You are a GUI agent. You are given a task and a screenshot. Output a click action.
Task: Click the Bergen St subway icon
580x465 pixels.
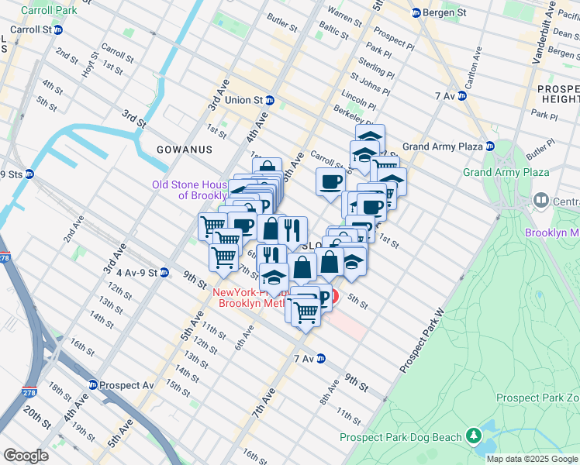(x=416, y=13)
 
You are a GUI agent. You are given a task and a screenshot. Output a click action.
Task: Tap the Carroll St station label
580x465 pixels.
(x=29, y=29)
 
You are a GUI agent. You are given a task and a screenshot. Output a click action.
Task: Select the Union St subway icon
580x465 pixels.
(x=270, y=100)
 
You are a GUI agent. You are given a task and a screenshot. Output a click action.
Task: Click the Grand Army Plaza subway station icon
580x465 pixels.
(x=489, y=146)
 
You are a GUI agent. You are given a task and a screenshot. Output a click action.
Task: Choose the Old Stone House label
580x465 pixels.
(x=190, y=190)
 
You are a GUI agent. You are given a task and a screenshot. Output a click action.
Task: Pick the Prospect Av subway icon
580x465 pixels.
(x=93, y=384)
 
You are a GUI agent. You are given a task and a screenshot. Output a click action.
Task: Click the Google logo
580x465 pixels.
(x=26, y=456)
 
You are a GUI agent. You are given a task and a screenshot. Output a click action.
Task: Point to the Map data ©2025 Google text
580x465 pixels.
(x=532, y=459)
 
